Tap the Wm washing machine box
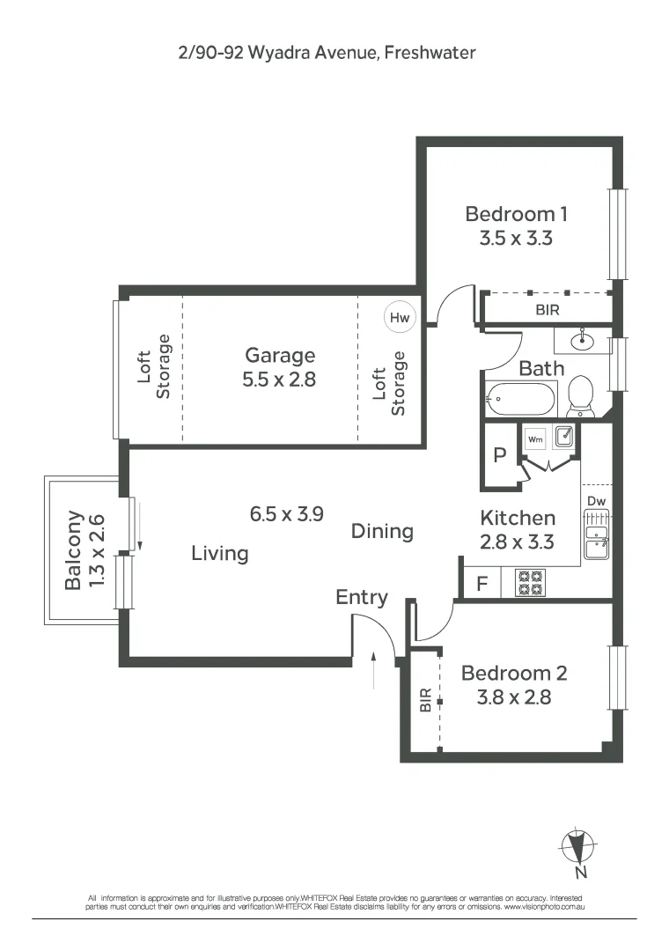(534, 438)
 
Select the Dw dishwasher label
(596, 501)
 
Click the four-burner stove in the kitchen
(531, 583)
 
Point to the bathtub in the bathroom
(520, 401)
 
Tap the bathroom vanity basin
(581, 339)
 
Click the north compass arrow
(577, 846)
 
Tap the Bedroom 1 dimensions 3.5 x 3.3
(516, 238)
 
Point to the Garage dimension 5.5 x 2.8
(280, 380)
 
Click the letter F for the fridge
(482, 583)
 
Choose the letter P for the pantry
(499, 455)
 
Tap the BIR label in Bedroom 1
(547, 311)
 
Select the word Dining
(382, 531)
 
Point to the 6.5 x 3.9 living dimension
(286, 514)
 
